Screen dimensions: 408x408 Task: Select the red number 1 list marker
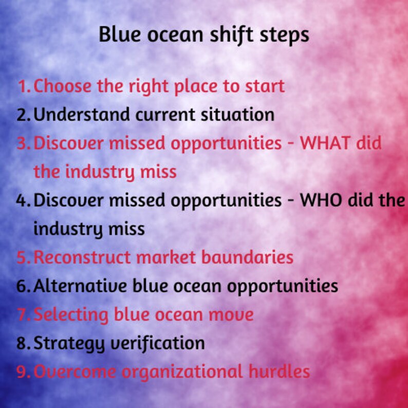(23, 86)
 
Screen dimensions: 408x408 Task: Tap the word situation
(239, 115)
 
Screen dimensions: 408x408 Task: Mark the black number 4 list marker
(23, 200)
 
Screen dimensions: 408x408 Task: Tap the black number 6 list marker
(23, 286)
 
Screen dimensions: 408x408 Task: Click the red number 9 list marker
(23, 372)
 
